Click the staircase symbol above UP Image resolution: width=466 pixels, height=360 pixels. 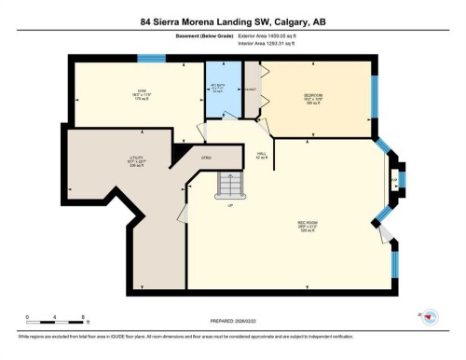click(x=229, y=187)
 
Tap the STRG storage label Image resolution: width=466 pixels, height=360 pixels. click(x=205, y=159)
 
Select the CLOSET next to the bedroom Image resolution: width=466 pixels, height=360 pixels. click(x=251, y=90)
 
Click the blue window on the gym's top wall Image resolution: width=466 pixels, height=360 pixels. click(x=151, y=58)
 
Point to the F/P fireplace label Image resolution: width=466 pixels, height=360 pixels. click(x=393, y=181)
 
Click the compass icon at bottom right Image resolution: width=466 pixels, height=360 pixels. click(x=429, y=318)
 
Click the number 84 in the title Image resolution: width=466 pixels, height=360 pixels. click(x=146, y=22)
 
